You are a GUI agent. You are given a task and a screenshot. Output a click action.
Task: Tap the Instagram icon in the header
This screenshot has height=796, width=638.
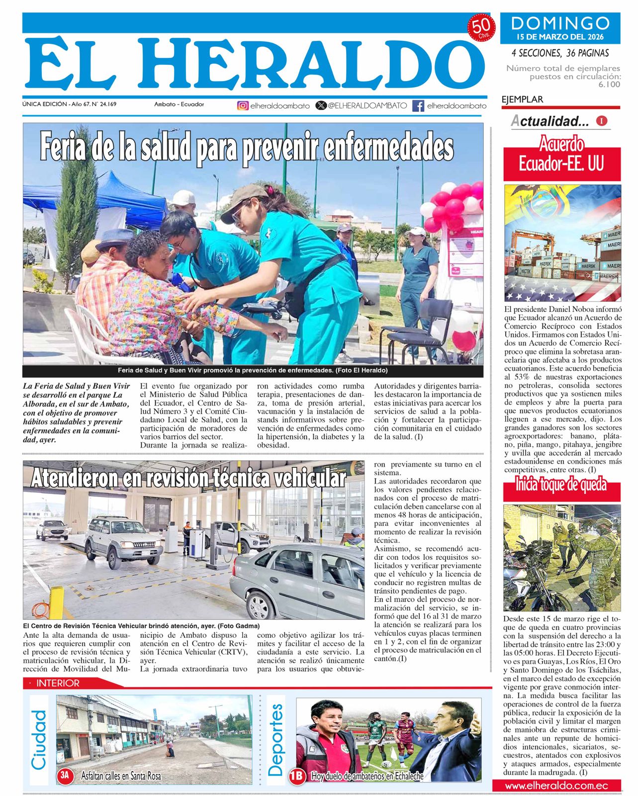coord(243,105)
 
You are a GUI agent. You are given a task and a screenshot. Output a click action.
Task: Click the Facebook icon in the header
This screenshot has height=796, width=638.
coord(418,105)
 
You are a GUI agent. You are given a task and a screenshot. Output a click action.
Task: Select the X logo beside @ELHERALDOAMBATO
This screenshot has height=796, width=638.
coord(321,105)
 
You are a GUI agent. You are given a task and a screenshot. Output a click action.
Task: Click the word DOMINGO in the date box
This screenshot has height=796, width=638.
coord(560,23)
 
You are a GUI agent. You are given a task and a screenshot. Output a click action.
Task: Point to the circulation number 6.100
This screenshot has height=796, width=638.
coord(609,85)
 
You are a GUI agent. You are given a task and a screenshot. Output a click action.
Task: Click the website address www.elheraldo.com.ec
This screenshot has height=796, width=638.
coord(556,786)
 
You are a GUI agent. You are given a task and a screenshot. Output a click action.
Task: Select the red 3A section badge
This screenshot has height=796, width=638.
coord(65,775)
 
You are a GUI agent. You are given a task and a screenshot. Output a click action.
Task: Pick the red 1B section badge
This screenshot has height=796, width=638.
coord(296,776)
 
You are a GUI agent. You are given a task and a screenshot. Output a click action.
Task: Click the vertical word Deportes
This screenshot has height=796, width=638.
coord(275,740)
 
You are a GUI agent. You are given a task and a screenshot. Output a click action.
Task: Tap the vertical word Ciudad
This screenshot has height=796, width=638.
coord(39,740)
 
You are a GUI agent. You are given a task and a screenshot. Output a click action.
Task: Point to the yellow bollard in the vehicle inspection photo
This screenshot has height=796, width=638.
coord(57,603)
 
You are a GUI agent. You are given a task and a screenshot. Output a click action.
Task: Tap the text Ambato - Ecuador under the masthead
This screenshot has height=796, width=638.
coord(179,104)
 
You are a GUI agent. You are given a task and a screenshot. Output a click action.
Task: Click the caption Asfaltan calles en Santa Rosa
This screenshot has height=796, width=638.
coord(121,775)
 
